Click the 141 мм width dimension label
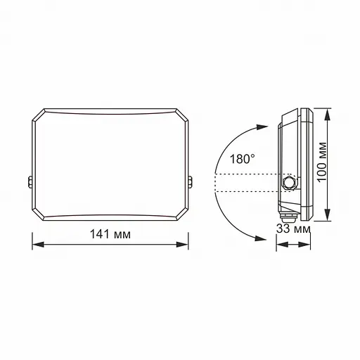pyautogui.click(x=110, y=233)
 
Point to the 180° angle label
pyautogui.click(x=239, y=160)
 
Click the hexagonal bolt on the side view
pyautogui.click(x=288, y=182)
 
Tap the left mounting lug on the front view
pyautogui.click(x=30, y=182)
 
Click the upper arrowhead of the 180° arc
pyautogui.click(x=261, y=127)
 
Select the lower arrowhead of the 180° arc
pyautogui.click(x=261, y=238)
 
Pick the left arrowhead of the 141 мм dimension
pyautogui.click(x=37, y=245)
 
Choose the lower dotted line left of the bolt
pyautogui.click(x=246, y=191)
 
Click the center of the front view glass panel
pyautogui.click(x=110, y=163)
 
